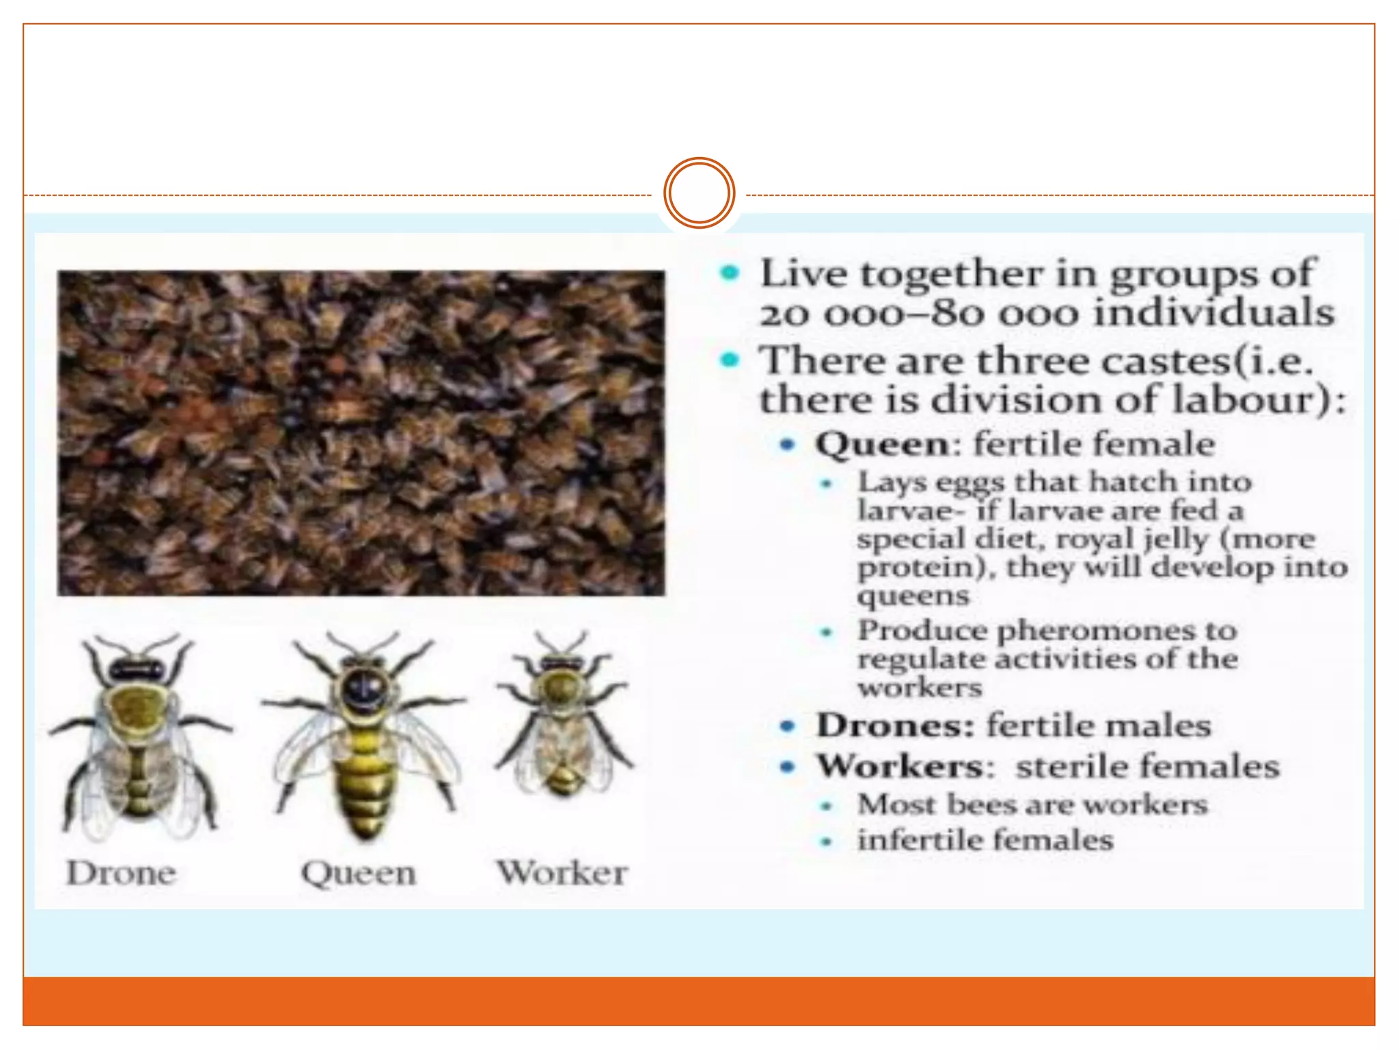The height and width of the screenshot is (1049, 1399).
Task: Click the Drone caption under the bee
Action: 121,873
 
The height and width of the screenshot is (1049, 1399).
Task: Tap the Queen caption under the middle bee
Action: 359,873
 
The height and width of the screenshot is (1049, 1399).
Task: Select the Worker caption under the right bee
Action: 562,873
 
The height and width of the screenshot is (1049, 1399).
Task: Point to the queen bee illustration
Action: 364,734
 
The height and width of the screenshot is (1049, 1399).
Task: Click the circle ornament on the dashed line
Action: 699,193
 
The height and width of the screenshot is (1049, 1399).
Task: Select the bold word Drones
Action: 896,725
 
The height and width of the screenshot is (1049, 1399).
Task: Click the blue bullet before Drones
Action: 788,726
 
